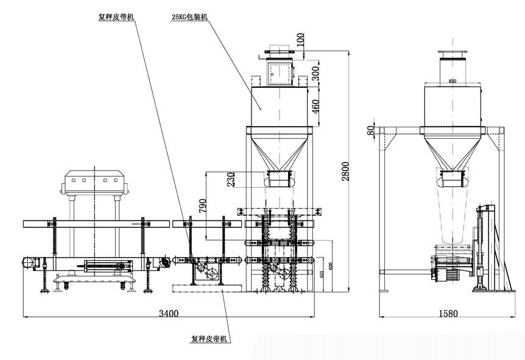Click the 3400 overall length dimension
coord(169,314)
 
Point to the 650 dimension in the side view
coord(452,80)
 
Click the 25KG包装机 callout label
coord(189,18)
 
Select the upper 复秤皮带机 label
coord(116,18)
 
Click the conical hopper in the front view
coord(280,150)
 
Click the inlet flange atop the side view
coord(452,55)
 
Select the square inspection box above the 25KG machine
coord(280,72)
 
